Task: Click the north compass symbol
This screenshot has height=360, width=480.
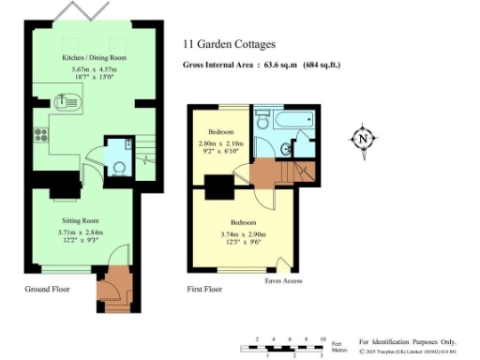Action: coord(363,140)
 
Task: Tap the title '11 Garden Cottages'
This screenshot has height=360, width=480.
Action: coord(229,44)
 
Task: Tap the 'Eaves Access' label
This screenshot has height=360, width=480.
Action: coord(283,279)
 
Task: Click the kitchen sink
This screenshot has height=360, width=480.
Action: coord(72,103)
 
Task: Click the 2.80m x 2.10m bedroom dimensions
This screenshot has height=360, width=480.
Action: coord(219,146)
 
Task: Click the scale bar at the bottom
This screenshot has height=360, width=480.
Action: coord(281,348)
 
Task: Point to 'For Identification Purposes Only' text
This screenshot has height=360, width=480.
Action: coord(407,342)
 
